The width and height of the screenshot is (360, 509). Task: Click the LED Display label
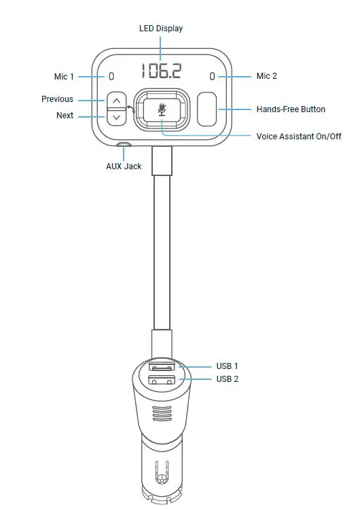point(161,29)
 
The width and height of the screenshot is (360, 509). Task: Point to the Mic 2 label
point(266,76)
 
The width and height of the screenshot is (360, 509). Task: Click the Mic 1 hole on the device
point(111,76)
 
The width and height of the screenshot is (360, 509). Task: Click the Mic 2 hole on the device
point(212,76)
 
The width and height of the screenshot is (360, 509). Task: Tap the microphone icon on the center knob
point(161,109)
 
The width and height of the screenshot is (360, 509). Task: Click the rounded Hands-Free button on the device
point(207,109)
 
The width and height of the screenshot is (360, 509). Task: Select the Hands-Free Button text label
point(290,109)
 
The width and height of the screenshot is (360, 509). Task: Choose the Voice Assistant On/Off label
point(298,137)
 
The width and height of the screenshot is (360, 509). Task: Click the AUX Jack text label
point(124,166)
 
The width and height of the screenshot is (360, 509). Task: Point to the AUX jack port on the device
point(124,145)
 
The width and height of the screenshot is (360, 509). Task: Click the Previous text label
point(57,99)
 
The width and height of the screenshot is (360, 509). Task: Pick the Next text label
point(65,116)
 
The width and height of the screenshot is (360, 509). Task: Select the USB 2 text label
point(228,379)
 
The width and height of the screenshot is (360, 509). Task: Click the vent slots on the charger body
point(161,414)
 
